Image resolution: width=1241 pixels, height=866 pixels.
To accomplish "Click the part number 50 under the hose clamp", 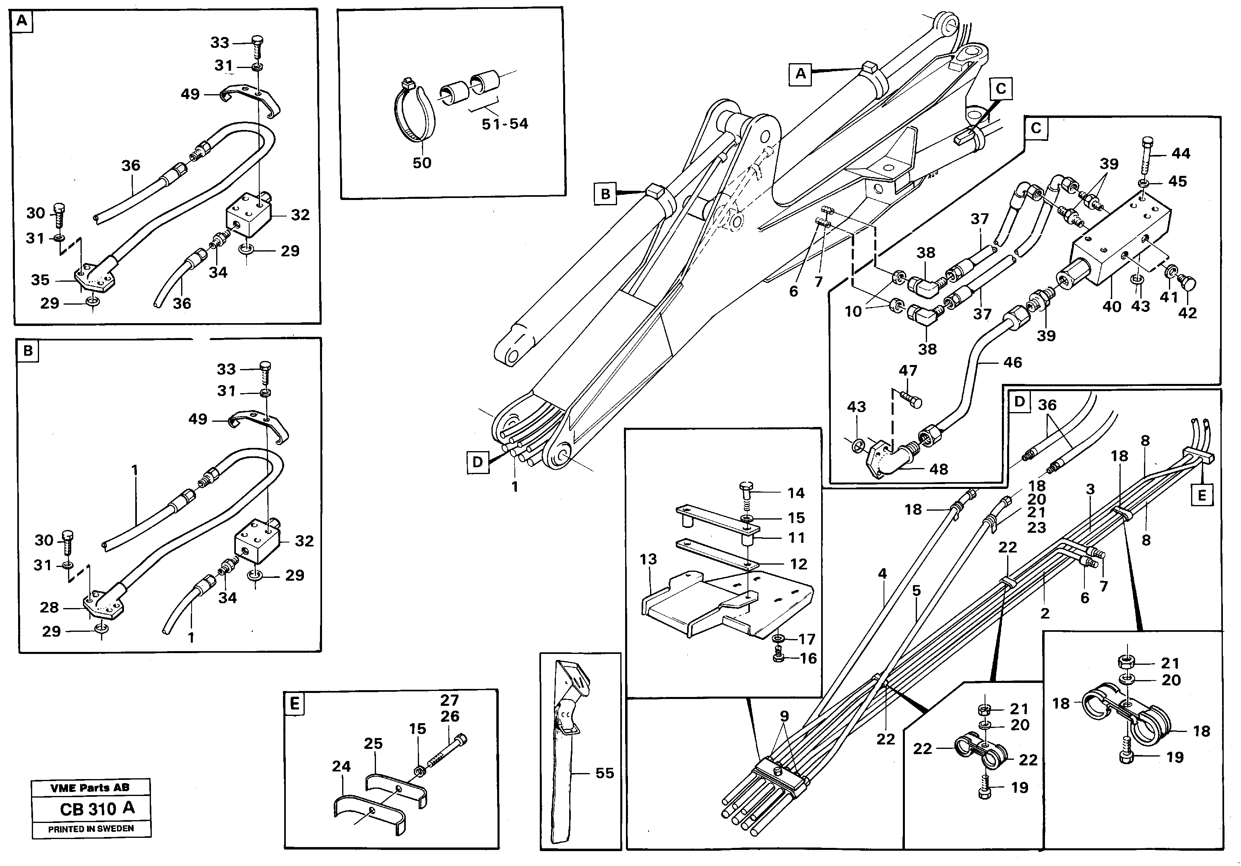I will tap(421, 163).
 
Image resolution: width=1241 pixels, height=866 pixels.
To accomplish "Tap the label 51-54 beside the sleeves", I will tap(504, 124).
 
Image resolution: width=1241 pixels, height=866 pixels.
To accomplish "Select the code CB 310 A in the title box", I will tap(97, 809).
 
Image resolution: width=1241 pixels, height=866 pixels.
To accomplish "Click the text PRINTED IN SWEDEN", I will tap(91, 829).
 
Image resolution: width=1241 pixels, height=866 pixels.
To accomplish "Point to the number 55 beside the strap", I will tap(604, 773).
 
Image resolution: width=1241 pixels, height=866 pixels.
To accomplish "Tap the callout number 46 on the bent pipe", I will tap(1012, 363).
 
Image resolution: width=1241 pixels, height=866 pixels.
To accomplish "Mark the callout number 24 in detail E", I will tap(341, 766).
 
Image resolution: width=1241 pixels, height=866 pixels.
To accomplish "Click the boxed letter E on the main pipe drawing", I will tap(1202, 495).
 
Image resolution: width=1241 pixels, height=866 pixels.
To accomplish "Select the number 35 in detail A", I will tap(40, 280).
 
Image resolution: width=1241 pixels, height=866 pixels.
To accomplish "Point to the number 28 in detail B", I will tap(49, 608).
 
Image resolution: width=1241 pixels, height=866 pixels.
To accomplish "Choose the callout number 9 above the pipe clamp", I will tap(784, 716).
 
